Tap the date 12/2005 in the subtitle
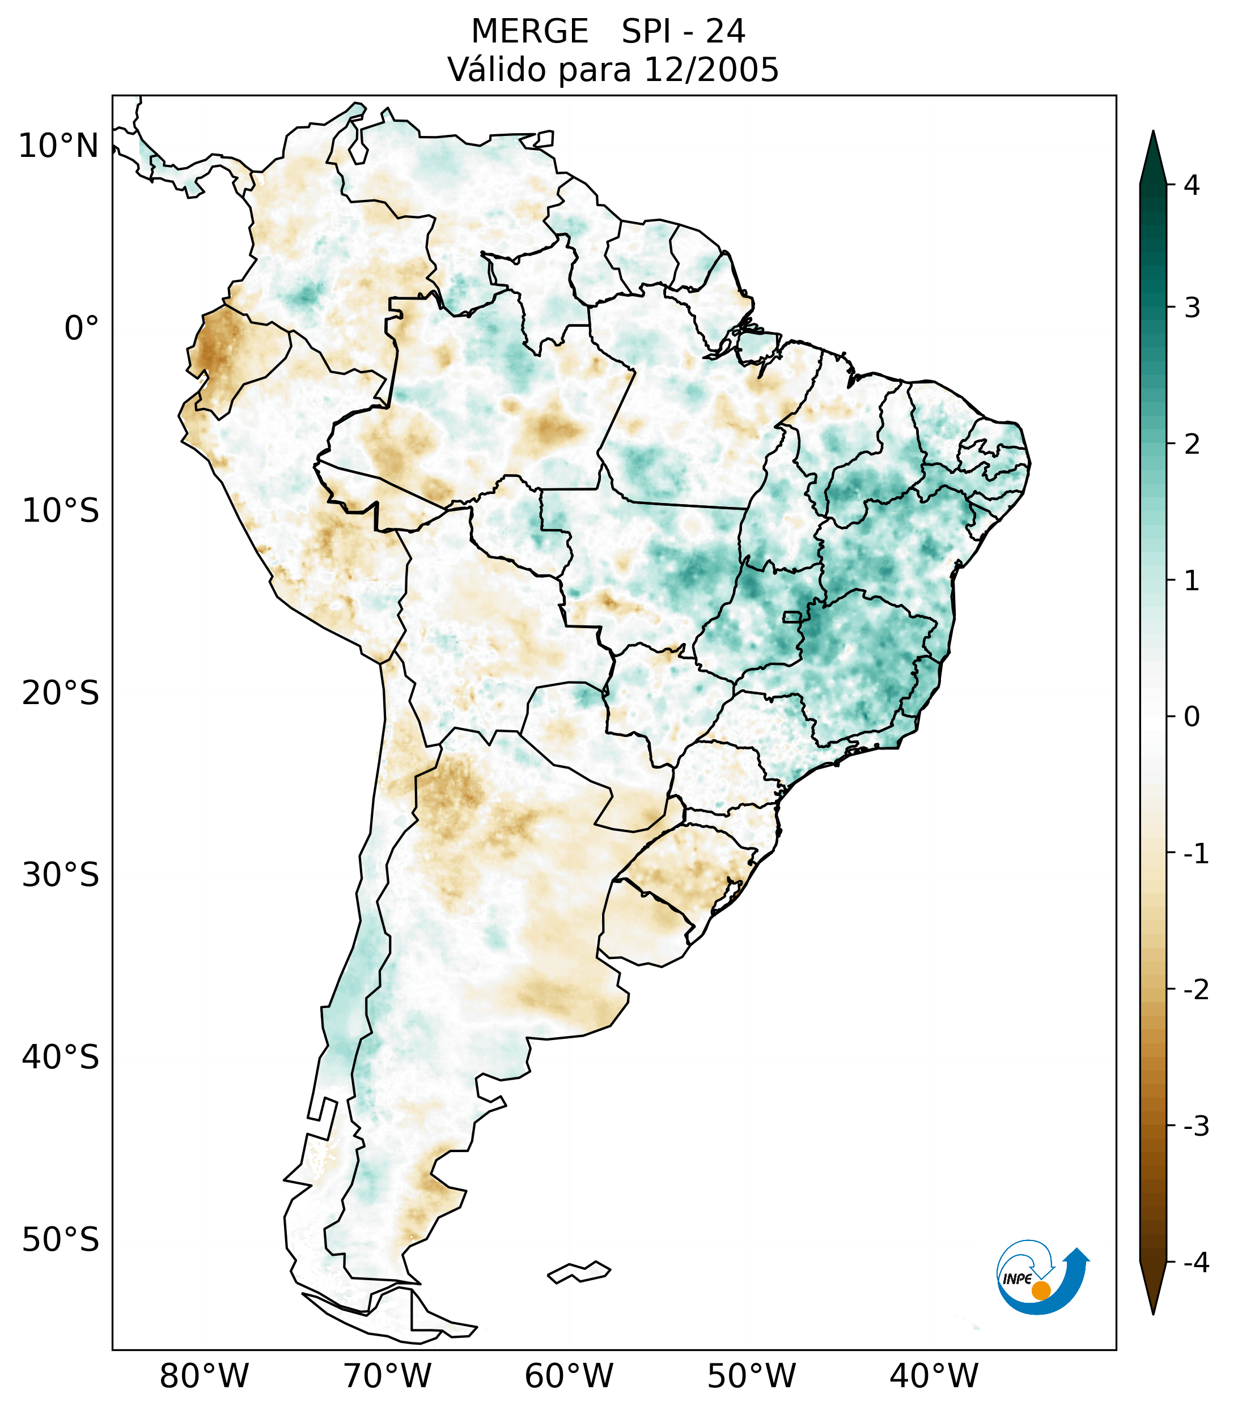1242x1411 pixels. click(711, 70)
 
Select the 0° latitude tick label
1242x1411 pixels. click(82, 329)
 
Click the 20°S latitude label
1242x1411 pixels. click(61, 693)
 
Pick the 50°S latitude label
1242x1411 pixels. click(61, 1241)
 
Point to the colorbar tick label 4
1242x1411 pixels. click(1192, 185)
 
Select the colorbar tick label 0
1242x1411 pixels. click(1192, 717)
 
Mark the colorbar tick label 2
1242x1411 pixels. click(1192, 445)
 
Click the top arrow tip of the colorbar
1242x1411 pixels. click(1153, 133)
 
